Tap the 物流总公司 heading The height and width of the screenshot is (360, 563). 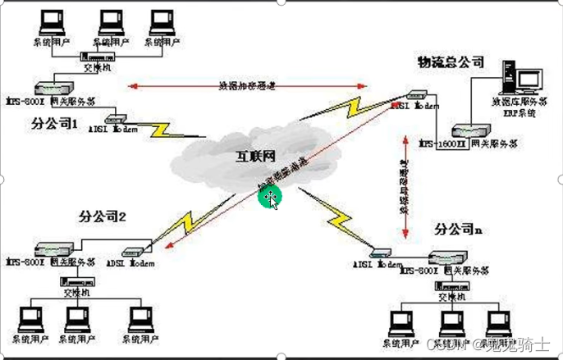(451, 62)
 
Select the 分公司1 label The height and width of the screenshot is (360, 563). (54, 125)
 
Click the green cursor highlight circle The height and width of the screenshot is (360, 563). (269, 196)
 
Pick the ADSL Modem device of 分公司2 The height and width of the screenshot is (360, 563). (133, 252)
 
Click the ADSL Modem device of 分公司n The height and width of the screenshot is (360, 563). (380, 253)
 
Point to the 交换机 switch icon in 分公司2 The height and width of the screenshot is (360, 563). (76, 281)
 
